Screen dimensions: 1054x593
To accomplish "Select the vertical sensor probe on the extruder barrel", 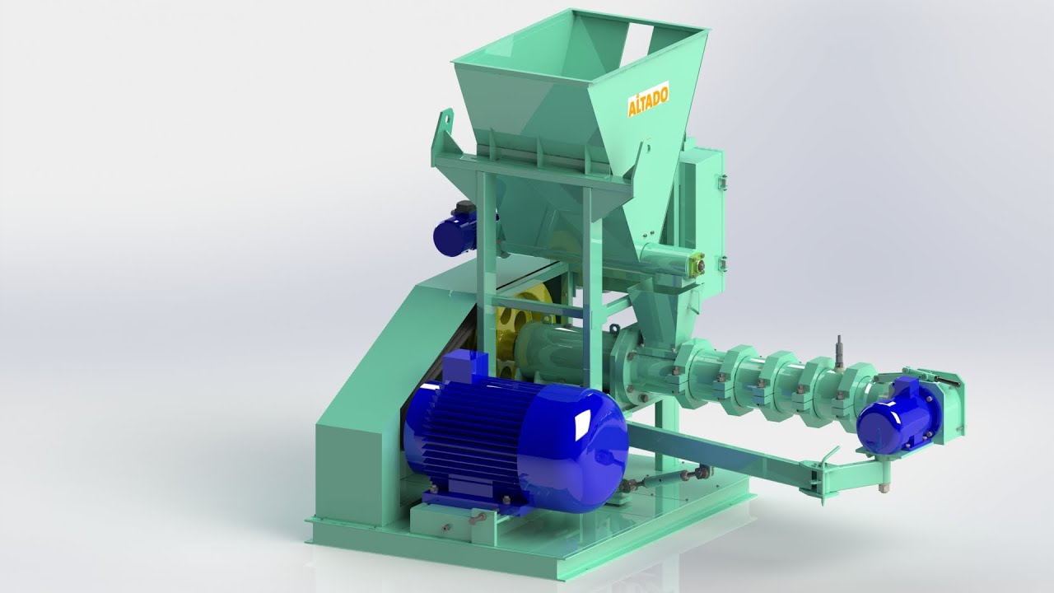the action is (838, 353).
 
